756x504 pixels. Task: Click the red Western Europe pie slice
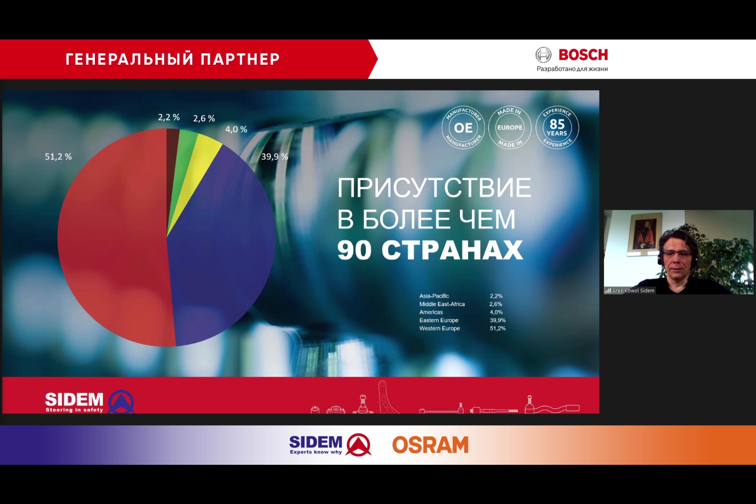click(x=115, y=238)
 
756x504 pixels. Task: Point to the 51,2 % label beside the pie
click(x=58, y=156)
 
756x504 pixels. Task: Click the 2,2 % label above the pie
click(x=169, y=117)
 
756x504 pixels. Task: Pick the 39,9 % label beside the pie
click(x=275, y=156)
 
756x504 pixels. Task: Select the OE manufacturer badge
click(x=463, y=127)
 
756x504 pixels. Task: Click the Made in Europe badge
click(x=510, y=127)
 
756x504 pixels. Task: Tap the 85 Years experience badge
click(x=557, y=127)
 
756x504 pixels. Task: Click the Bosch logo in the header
click(x=572, y=59)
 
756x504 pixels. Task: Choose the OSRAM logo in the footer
click(x=430, y=445)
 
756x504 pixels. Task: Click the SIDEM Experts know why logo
click(x=330, y=445)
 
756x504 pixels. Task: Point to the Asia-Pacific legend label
click(x=434, y=296)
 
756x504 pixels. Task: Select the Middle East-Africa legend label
click(x=442, y=304)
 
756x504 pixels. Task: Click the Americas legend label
click(x=431, y=312)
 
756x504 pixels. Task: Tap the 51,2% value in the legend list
click(x=498, y=328)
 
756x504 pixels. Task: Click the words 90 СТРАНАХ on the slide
click(x=430, y=250)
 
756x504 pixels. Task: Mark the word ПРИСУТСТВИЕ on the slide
click(x=434, y=188)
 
